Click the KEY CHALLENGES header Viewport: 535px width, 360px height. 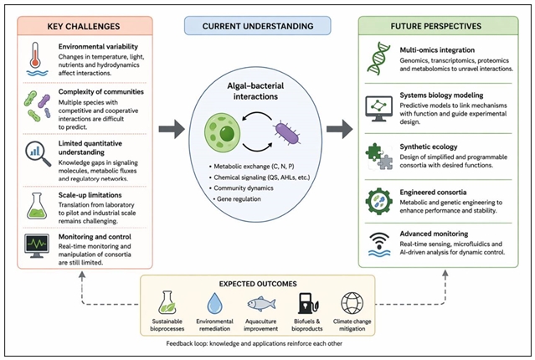[84, 26]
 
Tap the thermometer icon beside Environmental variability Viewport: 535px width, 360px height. [35, 55]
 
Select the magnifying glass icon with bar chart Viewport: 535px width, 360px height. [39, 153]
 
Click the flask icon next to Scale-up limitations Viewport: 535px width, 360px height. [37, 206]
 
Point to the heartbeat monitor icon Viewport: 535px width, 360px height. [37, 245]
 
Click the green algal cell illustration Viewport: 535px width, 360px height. [222, 132]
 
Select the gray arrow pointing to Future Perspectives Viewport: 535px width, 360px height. [339, 129]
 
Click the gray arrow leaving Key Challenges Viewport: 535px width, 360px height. [172, 129]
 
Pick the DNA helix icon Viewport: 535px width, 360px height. [378, 59]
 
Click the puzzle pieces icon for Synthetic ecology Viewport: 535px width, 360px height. [378, 157]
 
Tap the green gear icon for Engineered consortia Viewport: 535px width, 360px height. [378, 201]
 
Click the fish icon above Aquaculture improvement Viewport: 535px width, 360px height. [261, 303]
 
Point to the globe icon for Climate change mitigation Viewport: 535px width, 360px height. [352, 303]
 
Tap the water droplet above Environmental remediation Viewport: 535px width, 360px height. [214, 303]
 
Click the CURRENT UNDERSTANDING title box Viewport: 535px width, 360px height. [258, 26]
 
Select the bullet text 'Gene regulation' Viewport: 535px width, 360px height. [239, 199]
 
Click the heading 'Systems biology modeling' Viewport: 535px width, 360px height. [441, 95]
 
